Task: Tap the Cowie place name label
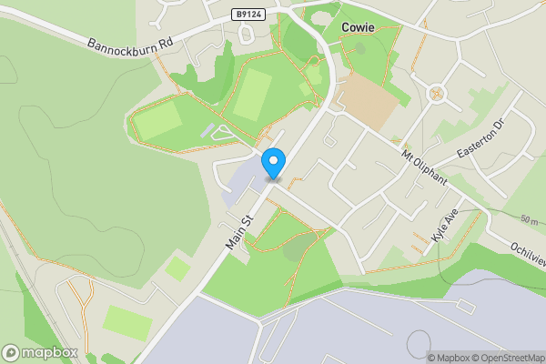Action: [358, 27]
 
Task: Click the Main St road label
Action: [238, 233]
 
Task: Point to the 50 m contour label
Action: [531, 221]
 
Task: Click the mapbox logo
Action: [40, 352]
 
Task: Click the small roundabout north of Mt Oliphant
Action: [436, 92]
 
